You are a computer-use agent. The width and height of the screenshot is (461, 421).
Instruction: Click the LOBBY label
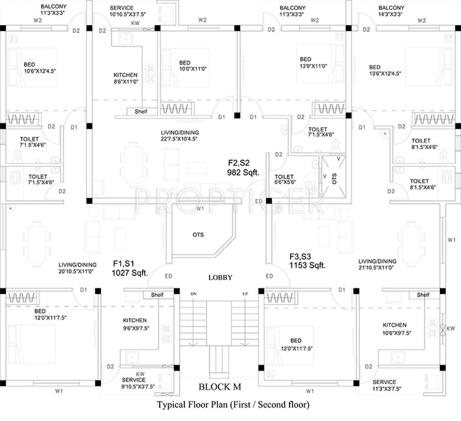(220, 277)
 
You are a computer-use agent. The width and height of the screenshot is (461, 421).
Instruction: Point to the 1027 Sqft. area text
(130, 272)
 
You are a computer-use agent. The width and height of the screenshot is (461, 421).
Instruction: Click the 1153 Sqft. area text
(307, 265)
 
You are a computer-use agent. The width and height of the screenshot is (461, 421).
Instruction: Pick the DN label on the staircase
(193, 294)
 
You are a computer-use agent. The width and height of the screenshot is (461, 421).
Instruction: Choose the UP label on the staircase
(245, 294)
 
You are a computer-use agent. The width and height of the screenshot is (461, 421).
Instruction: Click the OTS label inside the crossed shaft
(334, 179)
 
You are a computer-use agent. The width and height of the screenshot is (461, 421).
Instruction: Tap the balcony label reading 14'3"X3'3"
(391, 14)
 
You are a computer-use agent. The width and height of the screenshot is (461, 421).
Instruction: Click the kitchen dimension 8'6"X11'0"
(125, 81)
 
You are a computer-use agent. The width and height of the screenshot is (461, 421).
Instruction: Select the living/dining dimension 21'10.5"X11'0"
(377, 268)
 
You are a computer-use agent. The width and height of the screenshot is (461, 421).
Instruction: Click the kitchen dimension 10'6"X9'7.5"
(395, 332)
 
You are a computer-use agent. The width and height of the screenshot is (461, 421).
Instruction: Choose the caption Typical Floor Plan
(233, 404)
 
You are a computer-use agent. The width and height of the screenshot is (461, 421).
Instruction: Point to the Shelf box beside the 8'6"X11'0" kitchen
(141, 111)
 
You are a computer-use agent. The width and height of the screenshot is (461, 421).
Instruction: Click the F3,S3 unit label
(300, 257)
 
